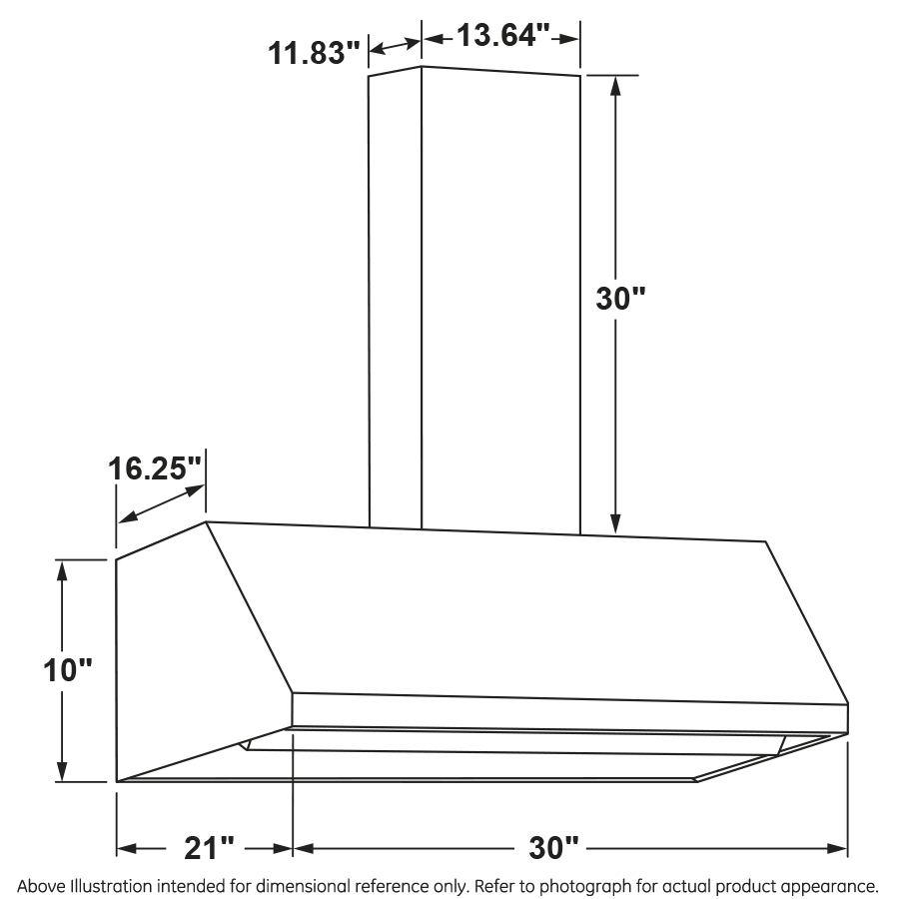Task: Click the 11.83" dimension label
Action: point(313,52)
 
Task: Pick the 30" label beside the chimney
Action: point(620,299)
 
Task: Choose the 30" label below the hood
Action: point(554,849)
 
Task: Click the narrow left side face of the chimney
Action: point(396,300)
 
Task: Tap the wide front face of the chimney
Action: point(499,300)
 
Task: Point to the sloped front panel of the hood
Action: point(519,609)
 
